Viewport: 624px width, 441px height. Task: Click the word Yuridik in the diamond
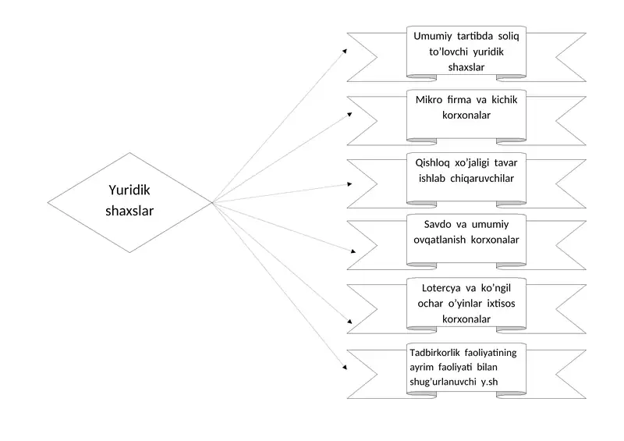129,190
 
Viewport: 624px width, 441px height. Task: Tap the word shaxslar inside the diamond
129,210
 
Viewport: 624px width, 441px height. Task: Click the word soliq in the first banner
509,36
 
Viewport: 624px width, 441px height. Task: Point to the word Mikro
428,100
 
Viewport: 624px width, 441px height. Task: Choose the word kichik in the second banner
504,100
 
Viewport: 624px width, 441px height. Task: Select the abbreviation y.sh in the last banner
489,382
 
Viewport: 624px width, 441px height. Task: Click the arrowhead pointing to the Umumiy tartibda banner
345,51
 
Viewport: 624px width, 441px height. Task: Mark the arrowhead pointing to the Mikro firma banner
349,115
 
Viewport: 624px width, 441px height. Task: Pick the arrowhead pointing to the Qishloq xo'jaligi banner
349,184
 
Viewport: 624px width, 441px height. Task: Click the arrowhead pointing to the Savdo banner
353,251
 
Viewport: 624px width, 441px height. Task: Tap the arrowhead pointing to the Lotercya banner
349,321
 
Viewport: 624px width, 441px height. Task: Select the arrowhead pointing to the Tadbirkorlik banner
345,367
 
